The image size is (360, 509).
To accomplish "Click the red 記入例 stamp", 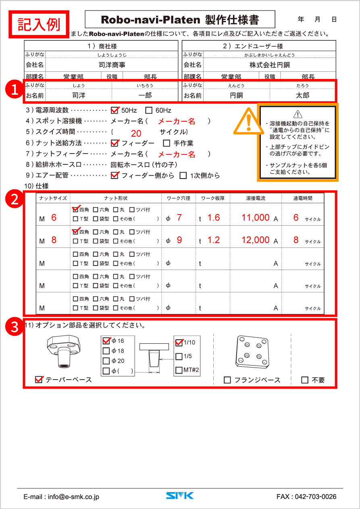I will pos(39,24).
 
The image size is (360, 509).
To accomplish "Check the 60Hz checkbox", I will pos(149,110).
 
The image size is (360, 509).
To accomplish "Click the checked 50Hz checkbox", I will pos(114,110).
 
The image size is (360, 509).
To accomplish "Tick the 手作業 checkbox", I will pos(166,143).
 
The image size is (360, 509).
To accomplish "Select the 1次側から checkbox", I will pos(183,175).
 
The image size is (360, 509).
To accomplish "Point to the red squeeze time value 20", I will pos(136,134).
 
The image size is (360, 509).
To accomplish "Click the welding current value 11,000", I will pos(255,218).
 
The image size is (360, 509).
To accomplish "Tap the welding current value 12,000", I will pos(255,240).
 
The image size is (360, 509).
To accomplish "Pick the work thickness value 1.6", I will pos(214,218).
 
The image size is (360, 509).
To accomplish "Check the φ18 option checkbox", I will pos(106,351).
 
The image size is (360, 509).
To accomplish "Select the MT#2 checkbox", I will pos(179,370).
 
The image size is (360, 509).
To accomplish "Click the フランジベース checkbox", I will pos(227,380).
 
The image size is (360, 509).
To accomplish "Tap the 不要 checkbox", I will pos(305,380).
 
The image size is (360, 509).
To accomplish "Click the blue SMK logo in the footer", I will pos(180,496).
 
